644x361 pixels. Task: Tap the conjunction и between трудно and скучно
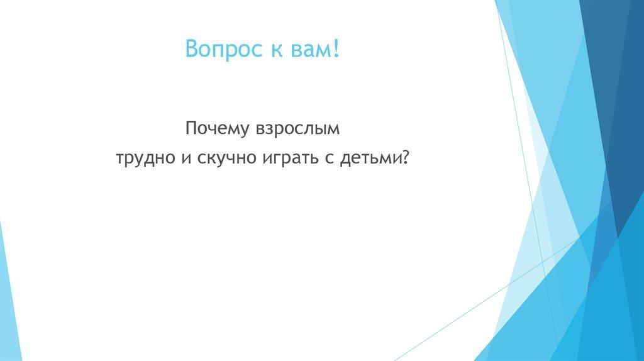click(187, 158)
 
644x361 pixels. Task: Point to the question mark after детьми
click(406, 156)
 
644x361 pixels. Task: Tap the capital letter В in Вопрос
click(191, 48)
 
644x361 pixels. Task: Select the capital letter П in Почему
click(191, 128)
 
